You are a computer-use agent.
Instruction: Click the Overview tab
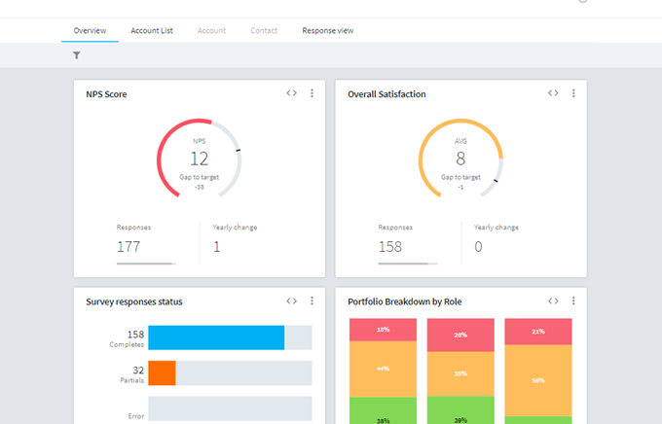click(90, 31)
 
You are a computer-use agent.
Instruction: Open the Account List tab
click(152, 31)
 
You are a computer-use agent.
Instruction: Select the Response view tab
click(328, 31)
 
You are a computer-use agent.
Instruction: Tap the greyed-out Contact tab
click(264, 31)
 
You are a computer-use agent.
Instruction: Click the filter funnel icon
click(76, 55)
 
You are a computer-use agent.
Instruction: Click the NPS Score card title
click(106, 94)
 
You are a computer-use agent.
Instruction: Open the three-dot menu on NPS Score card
click(312, 93)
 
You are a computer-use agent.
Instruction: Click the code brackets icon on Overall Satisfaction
click(553, 93)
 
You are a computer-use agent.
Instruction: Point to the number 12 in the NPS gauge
click(200, 159)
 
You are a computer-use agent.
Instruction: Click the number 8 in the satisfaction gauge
click(460, 159)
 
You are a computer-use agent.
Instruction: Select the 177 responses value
click(129, 247)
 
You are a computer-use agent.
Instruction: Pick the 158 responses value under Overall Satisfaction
click(390, 247)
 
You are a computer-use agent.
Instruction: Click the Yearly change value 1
click(216, 247)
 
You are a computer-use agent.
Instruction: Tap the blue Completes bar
click(216, 337)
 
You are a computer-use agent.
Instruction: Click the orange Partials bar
click(163, 373)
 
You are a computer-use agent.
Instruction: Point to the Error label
click(136, 416)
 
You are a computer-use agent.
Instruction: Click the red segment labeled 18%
click(383, 330)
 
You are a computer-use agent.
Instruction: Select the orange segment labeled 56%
click(538, 380)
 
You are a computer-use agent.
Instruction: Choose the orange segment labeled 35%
click(460, 373)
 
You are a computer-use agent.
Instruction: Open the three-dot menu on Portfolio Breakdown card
click(573, 300)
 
